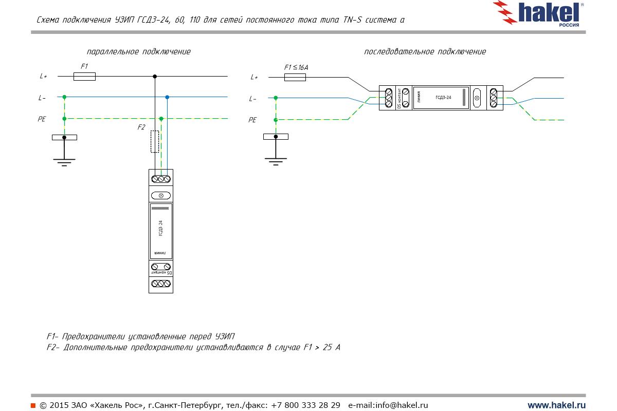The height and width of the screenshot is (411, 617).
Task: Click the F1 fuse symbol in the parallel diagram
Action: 84,77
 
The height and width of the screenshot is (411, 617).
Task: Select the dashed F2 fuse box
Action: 154,141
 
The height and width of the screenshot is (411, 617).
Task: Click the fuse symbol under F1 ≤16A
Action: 295,77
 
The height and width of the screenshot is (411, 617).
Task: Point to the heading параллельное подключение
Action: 139,52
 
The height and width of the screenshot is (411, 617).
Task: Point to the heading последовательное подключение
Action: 425,52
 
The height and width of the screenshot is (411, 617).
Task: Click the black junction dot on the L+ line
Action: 155,77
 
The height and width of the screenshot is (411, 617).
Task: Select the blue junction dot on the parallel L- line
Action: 167,97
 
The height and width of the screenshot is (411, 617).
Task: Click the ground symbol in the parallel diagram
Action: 64,161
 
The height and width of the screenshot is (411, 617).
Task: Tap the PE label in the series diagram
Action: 252,120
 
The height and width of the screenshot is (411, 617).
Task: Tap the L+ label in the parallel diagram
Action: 43,77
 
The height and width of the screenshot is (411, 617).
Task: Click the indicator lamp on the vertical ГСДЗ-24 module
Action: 161,196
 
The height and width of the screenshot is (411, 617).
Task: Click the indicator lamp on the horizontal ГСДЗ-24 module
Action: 477,98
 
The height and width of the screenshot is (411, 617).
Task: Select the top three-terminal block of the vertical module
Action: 161,179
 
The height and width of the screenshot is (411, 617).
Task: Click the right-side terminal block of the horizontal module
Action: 494,98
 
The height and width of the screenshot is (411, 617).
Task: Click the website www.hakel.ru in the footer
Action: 556,405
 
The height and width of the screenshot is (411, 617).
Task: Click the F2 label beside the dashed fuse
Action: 141,127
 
